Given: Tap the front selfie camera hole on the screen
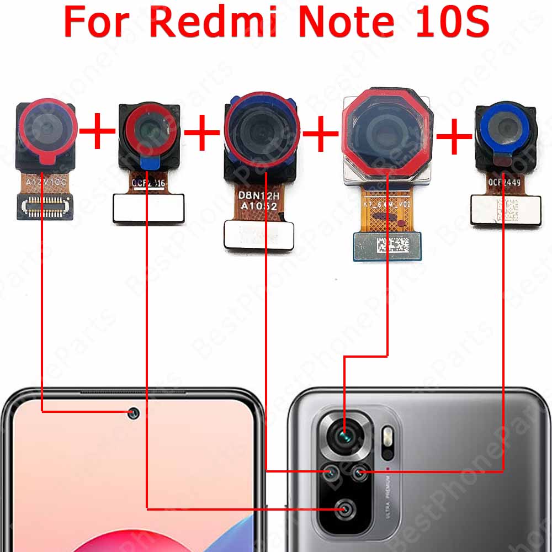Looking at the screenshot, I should click(x=133, y=413).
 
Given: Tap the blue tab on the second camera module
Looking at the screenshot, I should click(x=147, y=162).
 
